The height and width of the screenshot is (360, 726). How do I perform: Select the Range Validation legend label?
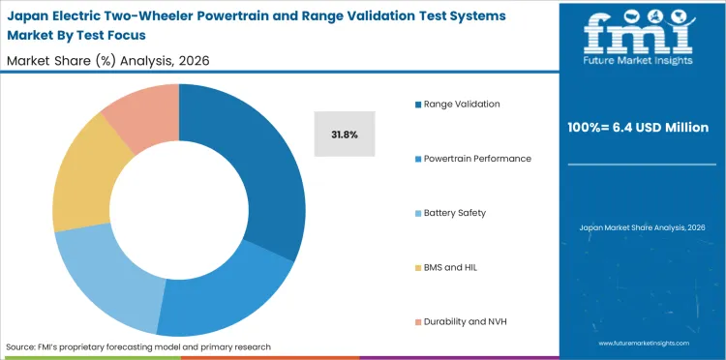(x=461, y=104)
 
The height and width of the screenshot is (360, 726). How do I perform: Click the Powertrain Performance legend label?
(x=476, y=158)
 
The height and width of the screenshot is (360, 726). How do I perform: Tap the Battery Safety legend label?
(x=455, y=212)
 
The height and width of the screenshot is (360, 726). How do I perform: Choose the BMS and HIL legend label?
(x=451, y=266)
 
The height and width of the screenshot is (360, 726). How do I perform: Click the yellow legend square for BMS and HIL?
(x=417, y=266)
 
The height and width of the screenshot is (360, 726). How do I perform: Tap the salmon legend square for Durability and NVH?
(x=417, y=320)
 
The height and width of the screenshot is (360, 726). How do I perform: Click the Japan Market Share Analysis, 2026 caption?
(x=642, y=227)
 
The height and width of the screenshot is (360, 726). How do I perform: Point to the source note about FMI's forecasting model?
(x=138, y=345)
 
